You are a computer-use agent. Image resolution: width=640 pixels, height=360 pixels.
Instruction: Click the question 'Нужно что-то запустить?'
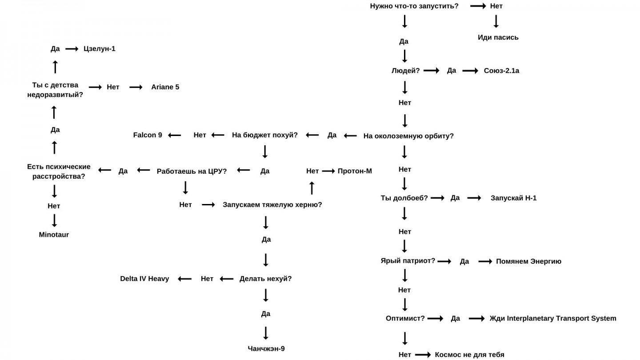(414, 6)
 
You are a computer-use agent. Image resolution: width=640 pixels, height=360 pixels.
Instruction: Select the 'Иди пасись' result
(498, 37)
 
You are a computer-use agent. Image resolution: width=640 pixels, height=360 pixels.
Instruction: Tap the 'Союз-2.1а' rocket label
(501, 71)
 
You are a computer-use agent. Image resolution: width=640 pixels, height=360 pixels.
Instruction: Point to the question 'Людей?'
(405, 71)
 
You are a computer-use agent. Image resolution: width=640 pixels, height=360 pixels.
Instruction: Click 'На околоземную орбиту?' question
(408, 136)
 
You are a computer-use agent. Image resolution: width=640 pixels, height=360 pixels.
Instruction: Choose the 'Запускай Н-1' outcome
(513, 198)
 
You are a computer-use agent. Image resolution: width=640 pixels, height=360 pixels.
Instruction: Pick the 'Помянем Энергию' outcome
(528, 261)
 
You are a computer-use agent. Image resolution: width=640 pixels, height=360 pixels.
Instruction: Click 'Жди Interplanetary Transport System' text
(552, 318)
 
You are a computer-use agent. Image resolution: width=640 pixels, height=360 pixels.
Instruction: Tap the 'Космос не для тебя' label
(469, 355)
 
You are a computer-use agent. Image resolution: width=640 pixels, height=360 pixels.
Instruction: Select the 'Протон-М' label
(355, 171)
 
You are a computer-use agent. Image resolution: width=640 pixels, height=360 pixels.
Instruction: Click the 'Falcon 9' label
(148, 135)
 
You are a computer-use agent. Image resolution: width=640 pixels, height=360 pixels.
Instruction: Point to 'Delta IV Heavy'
(144, 279)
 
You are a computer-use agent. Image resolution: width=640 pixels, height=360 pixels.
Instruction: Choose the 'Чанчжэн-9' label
(266, 348)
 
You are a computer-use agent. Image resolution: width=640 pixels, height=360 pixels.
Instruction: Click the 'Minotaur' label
(54, 235)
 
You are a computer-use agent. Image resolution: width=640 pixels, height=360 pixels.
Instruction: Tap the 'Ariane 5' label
(165, 87)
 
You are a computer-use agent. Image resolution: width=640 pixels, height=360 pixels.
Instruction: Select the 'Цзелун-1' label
(99, 49)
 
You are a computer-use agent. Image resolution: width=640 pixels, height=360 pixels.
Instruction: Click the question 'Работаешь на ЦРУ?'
(192, 171)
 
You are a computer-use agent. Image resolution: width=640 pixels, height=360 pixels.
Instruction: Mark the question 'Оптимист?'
(405, 318)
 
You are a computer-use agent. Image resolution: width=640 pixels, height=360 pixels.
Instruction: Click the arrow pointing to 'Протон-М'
(328, 171)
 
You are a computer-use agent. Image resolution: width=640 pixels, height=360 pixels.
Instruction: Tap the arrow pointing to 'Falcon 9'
(174, 135)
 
